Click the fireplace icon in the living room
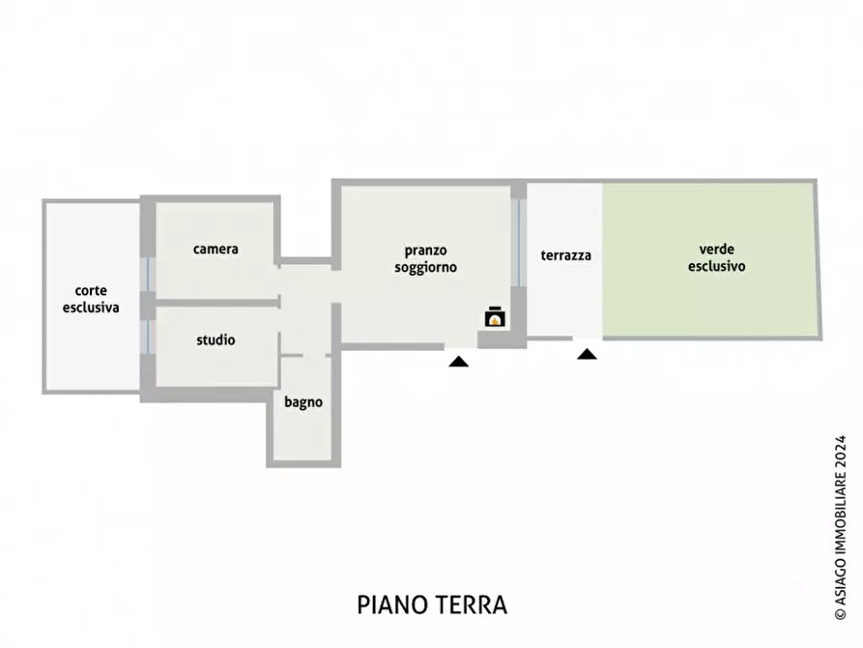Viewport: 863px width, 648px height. click(x=494, y=317)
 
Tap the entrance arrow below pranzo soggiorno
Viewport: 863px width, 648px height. click(x=458, y=362)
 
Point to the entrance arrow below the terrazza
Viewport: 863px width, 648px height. click(x=587, y=355)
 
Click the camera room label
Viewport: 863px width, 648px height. click(x=216, y=249)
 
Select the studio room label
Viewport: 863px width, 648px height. click(x=216, y=340)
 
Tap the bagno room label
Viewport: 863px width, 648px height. click(x=303, y=402)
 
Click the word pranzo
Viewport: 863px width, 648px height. click(x=426, y=250)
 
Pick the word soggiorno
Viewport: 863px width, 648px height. click(x=426, y=267)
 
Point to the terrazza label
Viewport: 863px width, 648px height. click(x=565, y=255)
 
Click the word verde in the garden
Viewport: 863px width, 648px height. click(x=716, y=248)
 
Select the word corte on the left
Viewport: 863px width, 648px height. click(x=91, y=290)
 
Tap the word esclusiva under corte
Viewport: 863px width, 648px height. click(x=91, y=308)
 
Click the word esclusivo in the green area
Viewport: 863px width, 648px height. click(x=716, y=265)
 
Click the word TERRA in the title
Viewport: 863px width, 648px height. click(x=475, y=605)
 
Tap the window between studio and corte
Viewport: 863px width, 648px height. click(x=148, y=336)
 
